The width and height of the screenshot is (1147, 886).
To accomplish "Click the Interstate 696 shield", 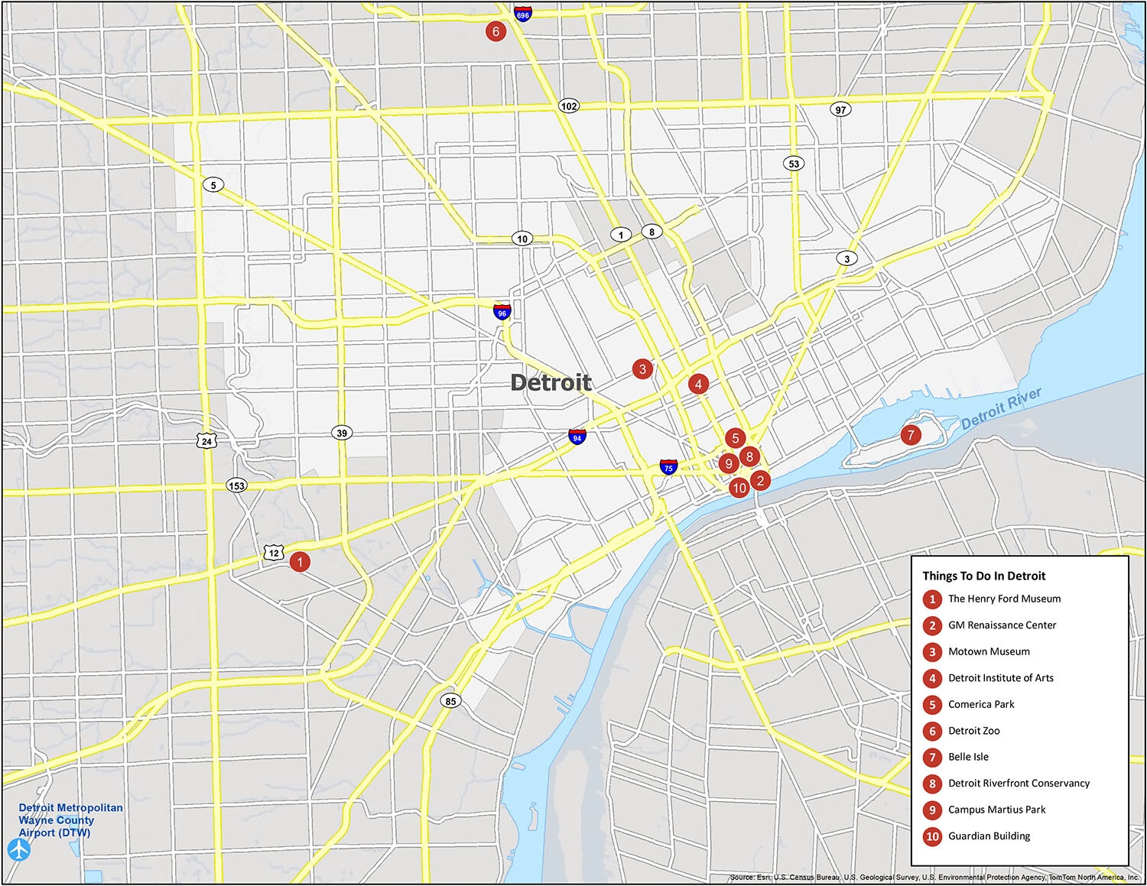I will (523, 14).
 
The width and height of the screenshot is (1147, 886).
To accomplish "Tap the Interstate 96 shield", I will (502, 311).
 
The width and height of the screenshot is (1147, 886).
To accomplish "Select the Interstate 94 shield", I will (577, 437).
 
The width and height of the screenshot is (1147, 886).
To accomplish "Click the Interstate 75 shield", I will (668, 467).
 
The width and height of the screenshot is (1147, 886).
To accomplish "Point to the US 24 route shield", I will (206, 440).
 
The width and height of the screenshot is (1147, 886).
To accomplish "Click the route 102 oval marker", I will (568, 106).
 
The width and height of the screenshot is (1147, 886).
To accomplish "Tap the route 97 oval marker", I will (840, 110).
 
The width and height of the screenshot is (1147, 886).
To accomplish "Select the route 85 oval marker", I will (450, 701).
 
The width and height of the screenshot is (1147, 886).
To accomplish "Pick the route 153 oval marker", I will (236, 485).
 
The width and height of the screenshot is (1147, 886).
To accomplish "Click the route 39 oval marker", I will (342, 433).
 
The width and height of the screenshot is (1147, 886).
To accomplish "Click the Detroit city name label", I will (551, 382).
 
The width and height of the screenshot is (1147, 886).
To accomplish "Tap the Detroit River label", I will (1001, 409).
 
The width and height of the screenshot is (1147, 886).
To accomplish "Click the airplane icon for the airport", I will (18, 849).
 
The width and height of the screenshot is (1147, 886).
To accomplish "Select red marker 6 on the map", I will (496, 31).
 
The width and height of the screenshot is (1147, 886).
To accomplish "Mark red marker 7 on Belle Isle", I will (910, 436).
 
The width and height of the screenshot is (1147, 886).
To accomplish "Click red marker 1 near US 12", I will (300, 562).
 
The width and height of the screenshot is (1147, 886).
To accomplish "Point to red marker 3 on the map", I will (642, 369).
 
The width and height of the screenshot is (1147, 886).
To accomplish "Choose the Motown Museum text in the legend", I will (989, 651).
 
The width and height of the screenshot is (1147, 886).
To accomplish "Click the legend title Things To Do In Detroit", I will (983, 576).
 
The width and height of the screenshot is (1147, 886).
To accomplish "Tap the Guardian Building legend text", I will (989, 836).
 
